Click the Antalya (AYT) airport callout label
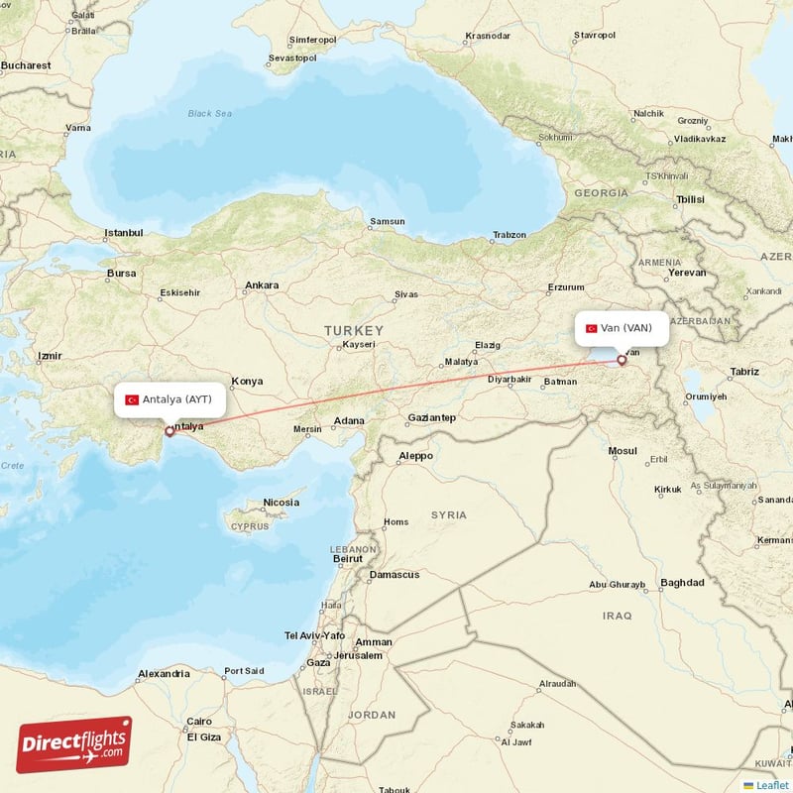[x=170, y=399]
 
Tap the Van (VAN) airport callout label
[x=622, y=328]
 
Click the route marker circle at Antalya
[x=170, y=431]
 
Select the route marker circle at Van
[x=622, y=360]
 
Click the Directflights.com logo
[x=74, y=745]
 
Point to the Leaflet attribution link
[x=771, y=784]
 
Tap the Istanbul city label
[x=124, y=234]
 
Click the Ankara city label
[x=262, y=285]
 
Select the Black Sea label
[x=209, y=114]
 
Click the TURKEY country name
[x=353, y=329]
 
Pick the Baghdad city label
[x=682, y=583]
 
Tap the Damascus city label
[x=394, y=575]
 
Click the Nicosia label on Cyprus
[x=281, y=503]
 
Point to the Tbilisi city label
[x=689, y=199]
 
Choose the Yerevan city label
[x=687, y=272]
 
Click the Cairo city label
[x=199, y=722]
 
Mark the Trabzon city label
[x=510, y=235]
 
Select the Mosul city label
[x=623, y=451]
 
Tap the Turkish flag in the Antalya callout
[x=131, y=400]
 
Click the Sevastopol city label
[x=293, y=58]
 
